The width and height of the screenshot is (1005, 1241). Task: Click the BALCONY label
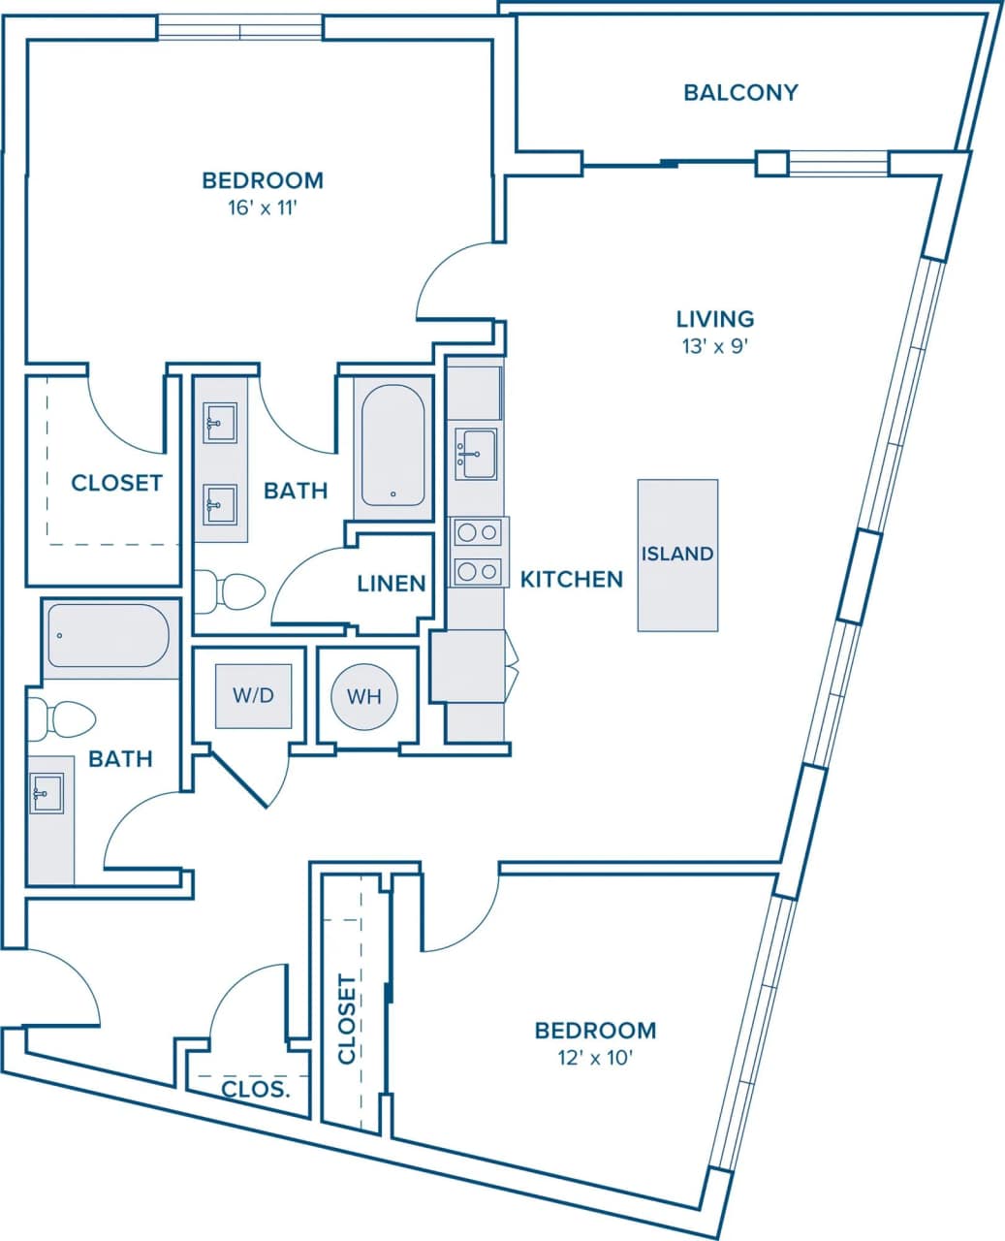(x=740, y=93)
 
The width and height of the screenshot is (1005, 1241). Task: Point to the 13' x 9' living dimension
(x=715, y=346)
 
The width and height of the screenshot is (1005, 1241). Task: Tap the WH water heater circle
(x=364, y=696)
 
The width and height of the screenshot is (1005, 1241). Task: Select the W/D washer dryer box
(x=253, y=695)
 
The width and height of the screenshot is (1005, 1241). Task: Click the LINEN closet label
(x=392, y=584)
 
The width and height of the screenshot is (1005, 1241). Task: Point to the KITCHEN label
(x=571, y=580)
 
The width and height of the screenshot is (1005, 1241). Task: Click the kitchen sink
(x=476, y=454)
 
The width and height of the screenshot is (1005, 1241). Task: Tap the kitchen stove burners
(x=478, y=552)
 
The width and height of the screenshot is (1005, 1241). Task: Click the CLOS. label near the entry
(x=256, y=1089)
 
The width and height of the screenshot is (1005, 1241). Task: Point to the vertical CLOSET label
(x=347, y=1019)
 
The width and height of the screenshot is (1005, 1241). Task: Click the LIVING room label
(x=715, y=318)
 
